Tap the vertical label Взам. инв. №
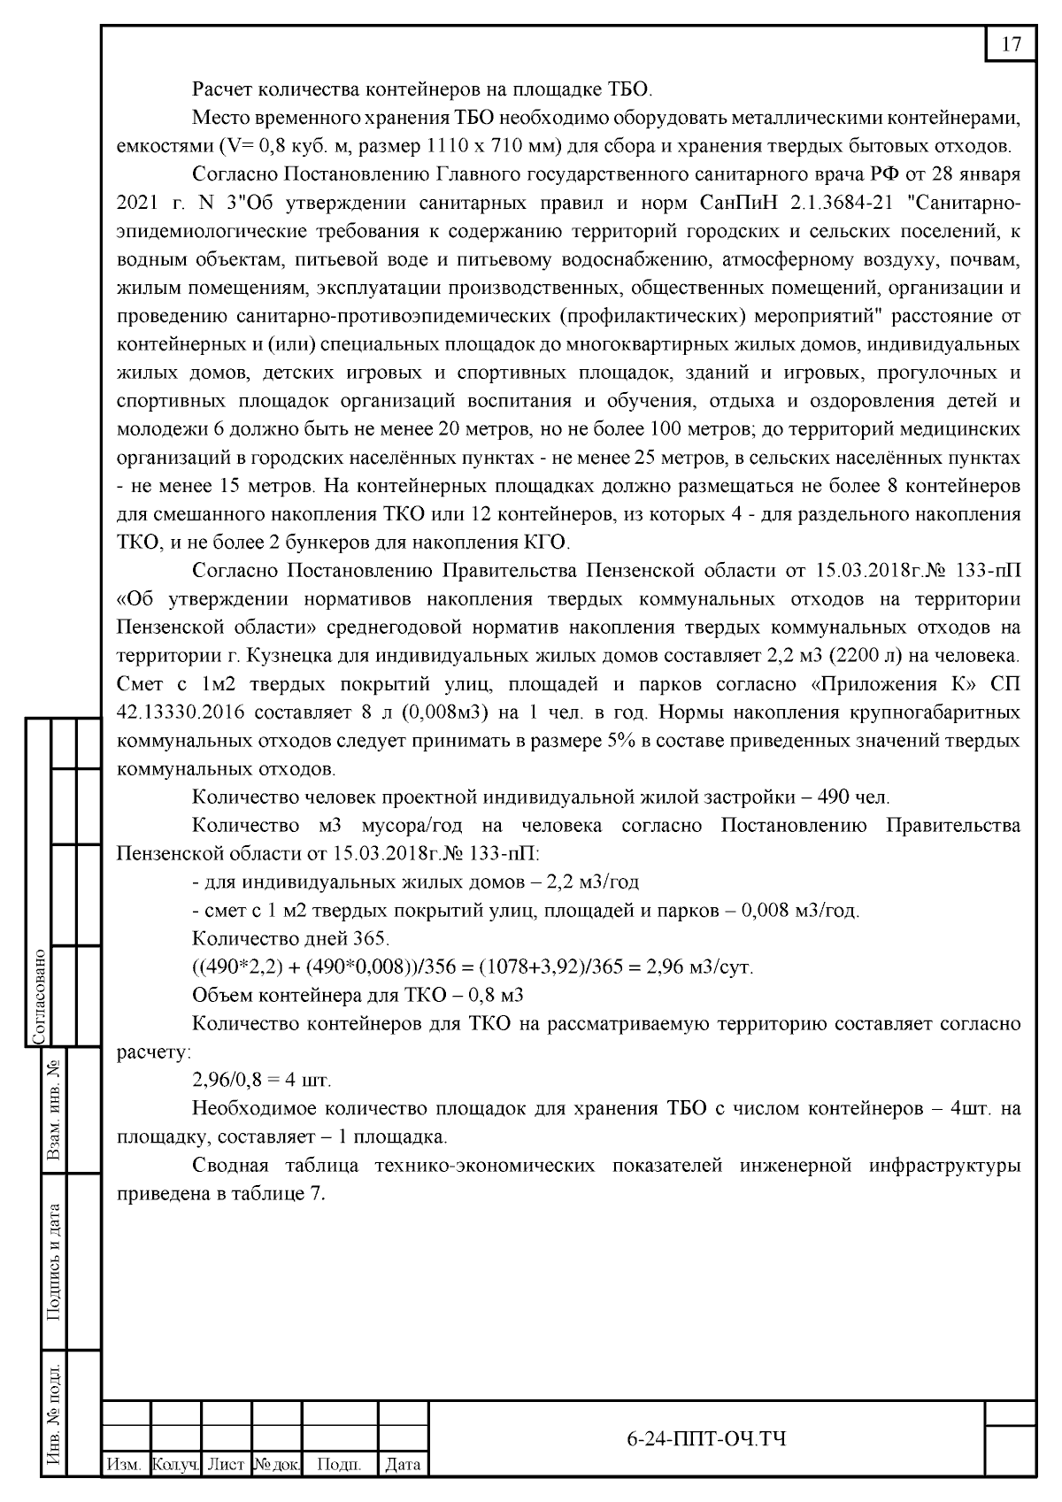tap(54, 1110)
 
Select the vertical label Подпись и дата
tap(54, 1261)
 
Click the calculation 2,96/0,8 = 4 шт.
tap(262, 1081)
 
